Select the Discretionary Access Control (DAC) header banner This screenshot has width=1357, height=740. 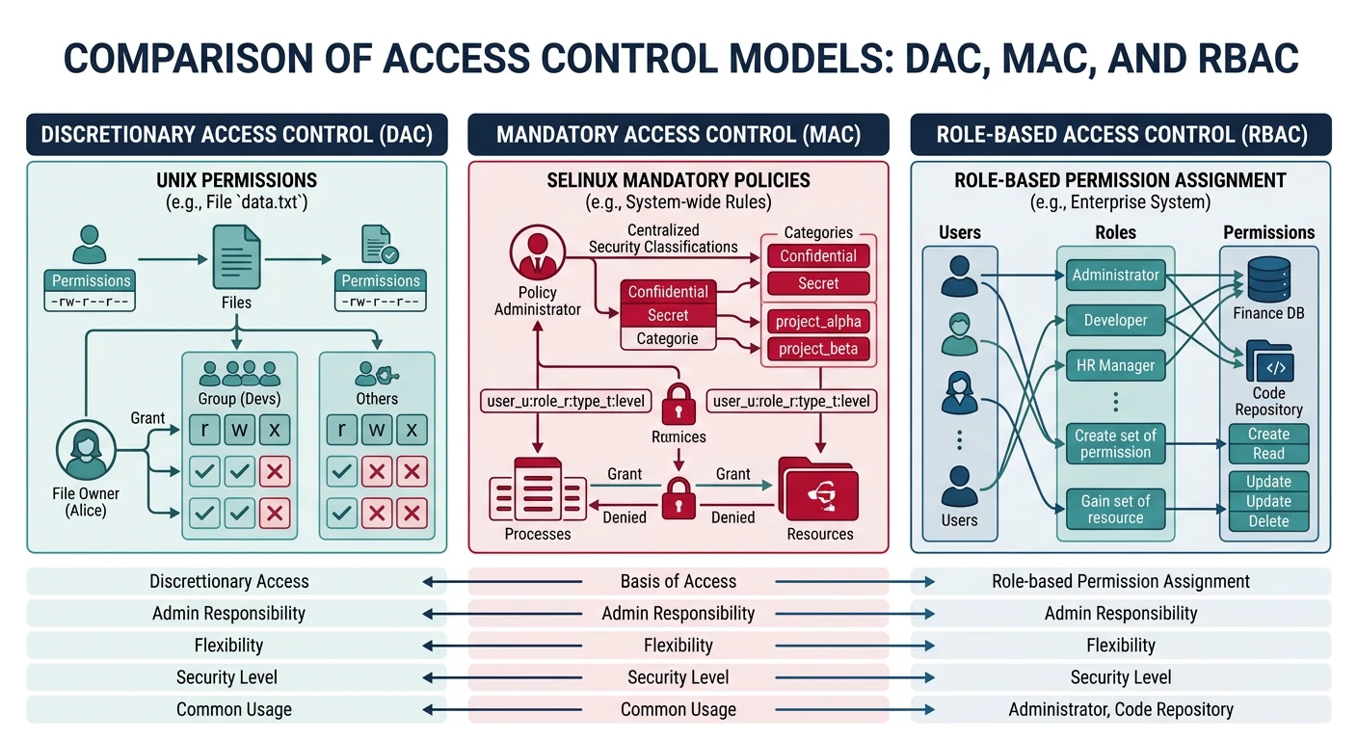coord(237,134)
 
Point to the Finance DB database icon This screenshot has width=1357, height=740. coord(1268,279)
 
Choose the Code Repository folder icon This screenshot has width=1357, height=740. coord(1268,362)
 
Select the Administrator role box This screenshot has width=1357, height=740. coord(1115,275)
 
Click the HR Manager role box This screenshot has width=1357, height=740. coord(1115,366)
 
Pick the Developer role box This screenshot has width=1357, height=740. coord(1115,320)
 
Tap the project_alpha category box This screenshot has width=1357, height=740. coord(817,321)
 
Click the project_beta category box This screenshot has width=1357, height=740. coord(817,349)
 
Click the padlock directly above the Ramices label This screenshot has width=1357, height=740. coord(678,403)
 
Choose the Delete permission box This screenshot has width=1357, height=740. coord(1268,521)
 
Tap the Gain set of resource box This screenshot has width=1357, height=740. coord(1115,509)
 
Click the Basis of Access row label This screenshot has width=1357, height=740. coord(678,581)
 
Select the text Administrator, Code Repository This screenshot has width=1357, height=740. coord(1120,709)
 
